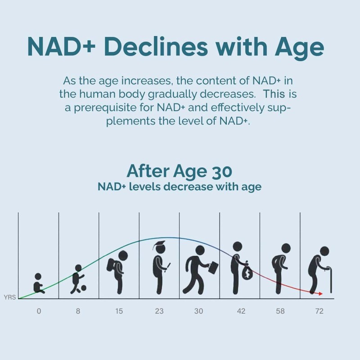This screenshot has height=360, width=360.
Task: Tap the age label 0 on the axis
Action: [39, 311]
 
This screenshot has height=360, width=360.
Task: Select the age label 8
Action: [78, 311]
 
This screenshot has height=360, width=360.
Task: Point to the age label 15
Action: [119, 311]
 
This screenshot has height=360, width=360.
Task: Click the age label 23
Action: [159, 311]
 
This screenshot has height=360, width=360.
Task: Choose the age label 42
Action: [241, 311]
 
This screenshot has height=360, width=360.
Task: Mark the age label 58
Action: [280, 311]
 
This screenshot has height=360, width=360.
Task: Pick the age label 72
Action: [319, 311]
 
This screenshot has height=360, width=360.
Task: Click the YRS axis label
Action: [9, 297]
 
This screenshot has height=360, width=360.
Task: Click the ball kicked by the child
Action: [83, 288]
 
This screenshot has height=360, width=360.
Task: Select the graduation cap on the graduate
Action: [159, 245]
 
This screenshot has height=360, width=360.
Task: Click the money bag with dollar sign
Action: [247, 273]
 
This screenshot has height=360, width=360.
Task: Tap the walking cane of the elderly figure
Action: [331, 280]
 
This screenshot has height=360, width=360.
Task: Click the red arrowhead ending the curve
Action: [320, 294]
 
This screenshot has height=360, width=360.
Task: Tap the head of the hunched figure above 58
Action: [286, 248]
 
